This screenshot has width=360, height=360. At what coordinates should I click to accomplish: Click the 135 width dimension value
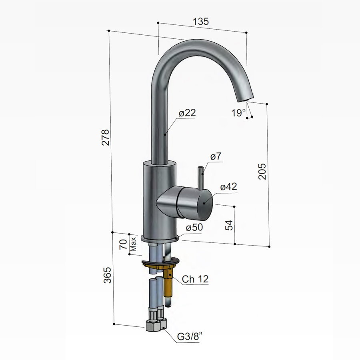(201, 22)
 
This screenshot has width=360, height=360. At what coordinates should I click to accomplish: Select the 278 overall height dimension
(105, 138)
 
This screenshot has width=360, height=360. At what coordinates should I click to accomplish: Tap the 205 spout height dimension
(262, 171)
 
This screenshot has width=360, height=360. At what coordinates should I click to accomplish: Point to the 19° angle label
(238, 113)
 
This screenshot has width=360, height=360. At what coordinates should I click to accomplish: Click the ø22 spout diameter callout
(187, 113)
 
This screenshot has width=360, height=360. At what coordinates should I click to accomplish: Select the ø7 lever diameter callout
(216, 157)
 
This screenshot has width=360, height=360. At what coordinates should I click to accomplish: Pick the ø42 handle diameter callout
(228, 186)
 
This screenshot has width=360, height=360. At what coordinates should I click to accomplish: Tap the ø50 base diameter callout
(194, 227)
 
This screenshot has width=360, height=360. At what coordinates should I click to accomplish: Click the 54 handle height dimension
(229, 225)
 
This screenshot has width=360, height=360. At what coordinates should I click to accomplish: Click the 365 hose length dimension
(107, 275)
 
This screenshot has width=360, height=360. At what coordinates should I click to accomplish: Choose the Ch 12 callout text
(195, 279)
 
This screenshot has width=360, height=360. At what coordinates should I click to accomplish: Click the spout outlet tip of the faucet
(244, 97)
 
